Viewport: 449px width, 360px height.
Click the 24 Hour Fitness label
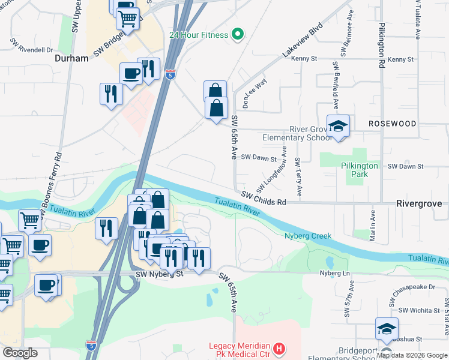199,35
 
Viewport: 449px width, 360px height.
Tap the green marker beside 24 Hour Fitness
237,34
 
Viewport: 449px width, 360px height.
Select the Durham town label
71,59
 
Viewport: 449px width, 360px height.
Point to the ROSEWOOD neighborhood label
392,124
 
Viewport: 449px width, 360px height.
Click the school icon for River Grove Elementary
338,127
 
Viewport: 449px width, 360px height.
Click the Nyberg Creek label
307,236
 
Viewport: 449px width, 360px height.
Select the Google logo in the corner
20,353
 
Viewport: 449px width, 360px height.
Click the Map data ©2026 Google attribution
412,356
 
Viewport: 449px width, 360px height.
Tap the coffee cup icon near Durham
131,74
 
